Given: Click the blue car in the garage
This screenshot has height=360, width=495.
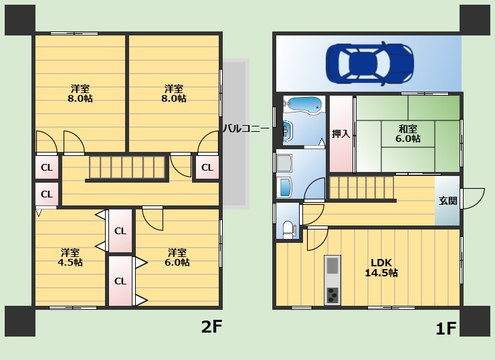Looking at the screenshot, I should click(369, 64).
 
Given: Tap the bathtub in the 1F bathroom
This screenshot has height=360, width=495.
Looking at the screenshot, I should click(304, 104).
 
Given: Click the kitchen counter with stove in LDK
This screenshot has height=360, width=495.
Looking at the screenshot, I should click(332, 279).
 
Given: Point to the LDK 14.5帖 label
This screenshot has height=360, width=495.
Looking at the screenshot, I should click(381, 268).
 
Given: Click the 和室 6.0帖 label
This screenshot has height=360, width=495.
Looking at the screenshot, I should click(408, 134).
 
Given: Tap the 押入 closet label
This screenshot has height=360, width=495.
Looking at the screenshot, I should click(341, 134).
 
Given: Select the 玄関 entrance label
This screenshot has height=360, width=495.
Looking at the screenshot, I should click(448, 201).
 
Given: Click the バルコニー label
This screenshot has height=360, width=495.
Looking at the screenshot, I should click(245, 128).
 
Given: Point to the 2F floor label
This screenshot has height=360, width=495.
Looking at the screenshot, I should click(211, 327).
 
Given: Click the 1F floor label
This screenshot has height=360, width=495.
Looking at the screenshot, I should click(446, 329).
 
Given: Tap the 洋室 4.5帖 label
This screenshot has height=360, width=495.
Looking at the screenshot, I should click(70, 258).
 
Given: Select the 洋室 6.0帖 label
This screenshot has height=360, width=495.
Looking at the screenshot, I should click(177, 258).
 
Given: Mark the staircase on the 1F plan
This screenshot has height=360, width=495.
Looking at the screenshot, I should click(361, 188).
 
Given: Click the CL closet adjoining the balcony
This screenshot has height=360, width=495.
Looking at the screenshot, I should click(207, 167).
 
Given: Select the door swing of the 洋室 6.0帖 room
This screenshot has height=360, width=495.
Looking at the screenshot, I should click(153, 217).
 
